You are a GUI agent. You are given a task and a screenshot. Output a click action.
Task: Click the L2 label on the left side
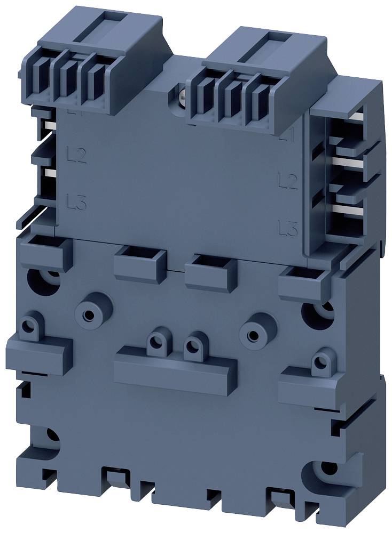[x=77, y=155]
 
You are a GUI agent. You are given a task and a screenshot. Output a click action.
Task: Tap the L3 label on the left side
[x=77, y=202]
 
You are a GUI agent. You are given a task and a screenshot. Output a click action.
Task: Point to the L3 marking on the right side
[x=288, y=229]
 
